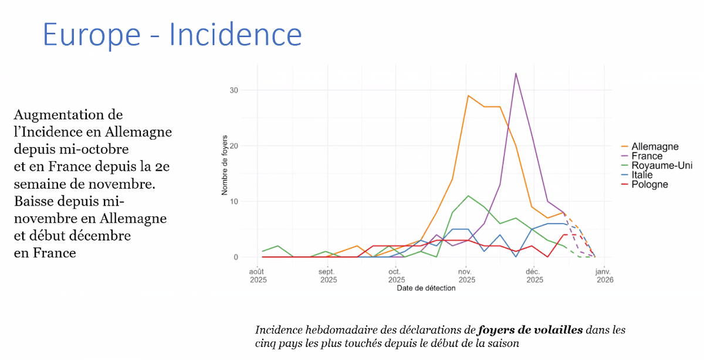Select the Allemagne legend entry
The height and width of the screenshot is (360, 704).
(655, 147)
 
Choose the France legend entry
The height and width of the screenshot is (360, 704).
(647, 157)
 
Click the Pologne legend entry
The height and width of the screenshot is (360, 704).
(649, 185)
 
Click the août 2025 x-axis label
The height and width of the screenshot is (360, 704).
(258, 276)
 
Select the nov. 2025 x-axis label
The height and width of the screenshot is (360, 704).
(466, 276)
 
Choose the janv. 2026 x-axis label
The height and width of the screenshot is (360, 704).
(604, 276)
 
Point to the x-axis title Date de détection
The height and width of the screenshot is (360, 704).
(426, 288)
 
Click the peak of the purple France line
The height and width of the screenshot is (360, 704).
(516, 73)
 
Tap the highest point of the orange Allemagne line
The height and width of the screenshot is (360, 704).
(468, 96)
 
